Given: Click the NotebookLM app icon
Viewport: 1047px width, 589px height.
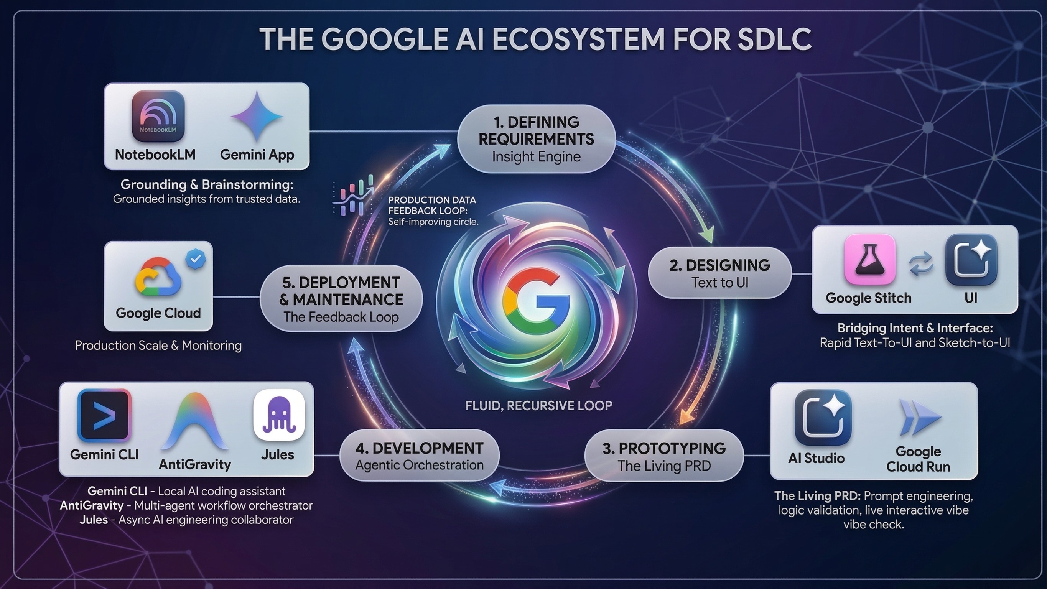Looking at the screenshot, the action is pyautogui.click(x=158, y=116).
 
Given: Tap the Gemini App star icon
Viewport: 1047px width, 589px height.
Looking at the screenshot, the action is pyautogui.click(x=257, y=116).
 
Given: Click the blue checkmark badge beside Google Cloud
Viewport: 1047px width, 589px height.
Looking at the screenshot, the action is pyautogui.click(x=196, y=259).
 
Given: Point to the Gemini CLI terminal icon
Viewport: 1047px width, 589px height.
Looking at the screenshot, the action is pyautogui.click(x=104, y=415).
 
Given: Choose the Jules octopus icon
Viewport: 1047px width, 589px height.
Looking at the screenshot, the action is pyautogui.click(x=279, y=415).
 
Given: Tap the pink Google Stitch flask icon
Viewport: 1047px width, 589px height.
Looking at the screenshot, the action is pyautogui.click(x=869, y=259).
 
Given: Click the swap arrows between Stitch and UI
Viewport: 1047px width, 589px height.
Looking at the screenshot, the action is pyautogui.click(x=921, y=263).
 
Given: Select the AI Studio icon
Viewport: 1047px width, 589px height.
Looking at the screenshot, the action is pyautogui.click(x=823, y=417).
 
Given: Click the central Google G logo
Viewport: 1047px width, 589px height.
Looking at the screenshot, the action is pyautogui.click(x=536, y=300).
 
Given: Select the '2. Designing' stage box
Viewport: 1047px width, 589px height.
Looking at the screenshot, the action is pyautogui.click(x=719, y=273).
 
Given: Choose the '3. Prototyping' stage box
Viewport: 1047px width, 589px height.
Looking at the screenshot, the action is pyautogui.click(x=664, y=456).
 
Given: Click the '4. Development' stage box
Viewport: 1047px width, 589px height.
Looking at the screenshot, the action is pyautogui.click(x=419, y=455).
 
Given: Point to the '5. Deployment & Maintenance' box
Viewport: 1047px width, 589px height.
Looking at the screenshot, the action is pyautogui.click(x=341, y=299).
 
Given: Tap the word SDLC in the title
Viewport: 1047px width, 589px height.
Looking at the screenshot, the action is pyautogui.click(x=774, y=39).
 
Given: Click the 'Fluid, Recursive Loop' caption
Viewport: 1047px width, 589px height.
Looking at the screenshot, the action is pyautogui.click(x=538, y=405).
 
